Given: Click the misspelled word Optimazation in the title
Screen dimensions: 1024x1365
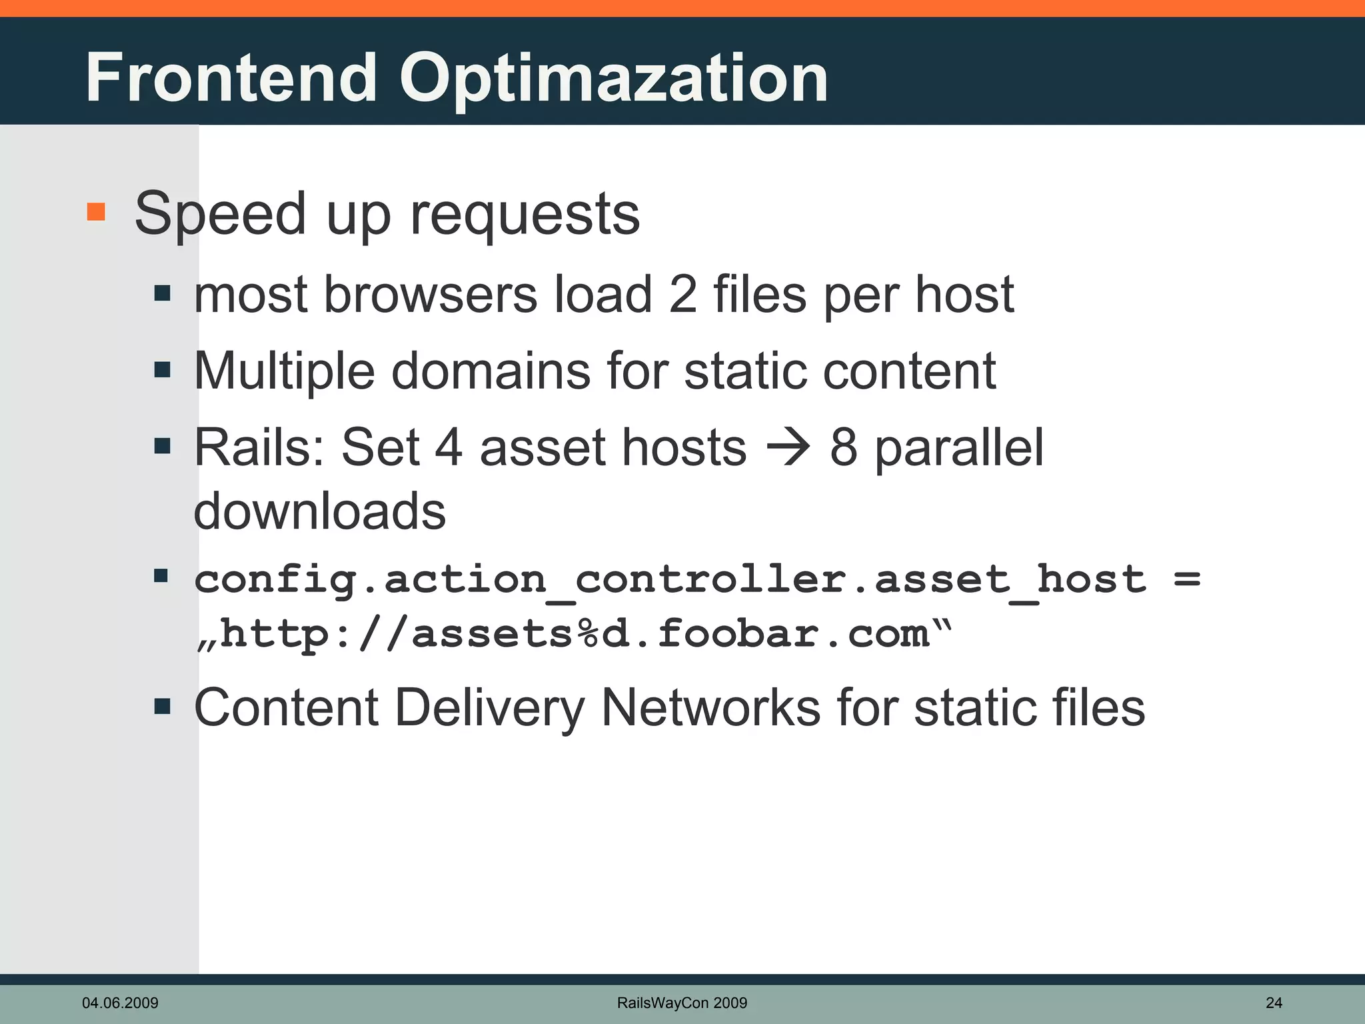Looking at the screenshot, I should coord(613,80).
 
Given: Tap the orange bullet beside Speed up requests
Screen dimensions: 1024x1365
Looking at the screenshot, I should coord(97,212).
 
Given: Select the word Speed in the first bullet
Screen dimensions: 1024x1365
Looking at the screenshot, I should coord(220,215).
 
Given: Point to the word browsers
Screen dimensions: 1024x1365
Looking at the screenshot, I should coord(431,294).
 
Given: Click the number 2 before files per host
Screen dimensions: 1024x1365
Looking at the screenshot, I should coord(682,294).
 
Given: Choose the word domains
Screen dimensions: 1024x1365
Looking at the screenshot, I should coord(491,371).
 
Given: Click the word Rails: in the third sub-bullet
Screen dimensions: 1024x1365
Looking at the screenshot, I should coord(260,447).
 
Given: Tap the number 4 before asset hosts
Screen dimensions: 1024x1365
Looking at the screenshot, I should coord(449,447).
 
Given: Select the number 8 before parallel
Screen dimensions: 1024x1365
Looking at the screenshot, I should coord(844,447).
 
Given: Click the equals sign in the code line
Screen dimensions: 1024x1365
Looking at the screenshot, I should coord(1187,579).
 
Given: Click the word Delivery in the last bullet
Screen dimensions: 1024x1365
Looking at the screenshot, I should coord(490,707).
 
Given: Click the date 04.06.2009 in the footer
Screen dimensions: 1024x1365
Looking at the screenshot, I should coord(120,1003).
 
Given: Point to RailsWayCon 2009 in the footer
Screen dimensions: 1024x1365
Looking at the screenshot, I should coord(682,1003).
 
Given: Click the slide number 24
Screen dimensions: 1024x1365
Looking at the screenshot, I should coord(1274,1003).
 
